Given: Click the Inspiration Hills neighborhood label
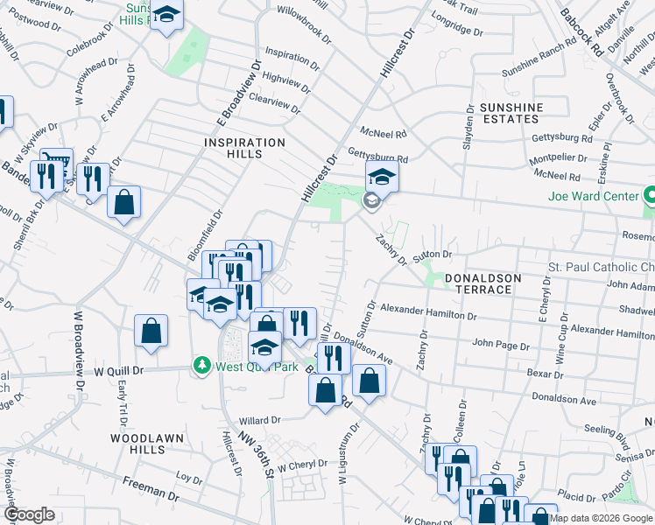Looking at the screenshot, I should coord(244,148).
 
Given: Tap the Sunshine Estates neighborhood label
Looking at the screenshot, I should coord(511,113).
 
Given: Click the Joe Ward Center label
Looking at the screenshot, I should coord(594,196).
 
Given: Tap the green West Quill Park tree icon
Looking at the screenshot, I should coord(202,364).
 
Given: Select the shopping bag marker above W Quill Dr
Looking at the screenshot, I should coord(151,331).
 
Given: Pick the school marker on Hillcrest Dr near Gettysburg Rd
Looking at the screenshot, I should coord(382,178).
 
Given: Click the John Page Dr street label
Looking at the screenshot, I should coord(501,346).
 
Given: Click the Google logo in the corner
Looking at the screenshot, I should coord(30,514).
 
